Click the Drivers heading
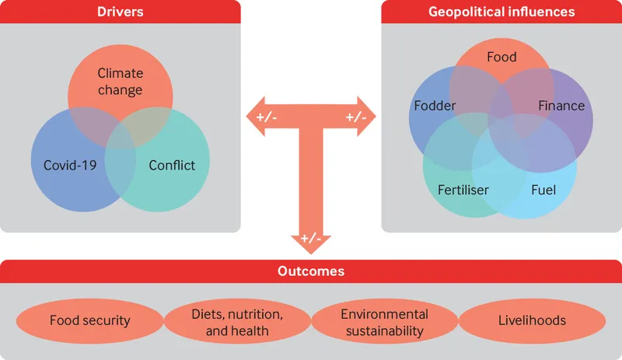[x=120, y=12]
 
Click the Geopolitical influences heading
[x=501, y=12]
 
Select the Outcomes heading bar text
[x=311, y=271]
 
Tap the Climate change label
[x=120, y=82]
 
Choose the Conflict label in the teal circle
[x=171, y=165]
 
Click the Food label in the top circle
[x=501, y=57]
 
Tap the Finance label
[x=561, y=106]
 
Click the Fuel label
[x=543, y=189]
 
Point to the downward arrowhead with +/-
[x=310, y=239]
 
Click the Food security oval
[x=89, y=320]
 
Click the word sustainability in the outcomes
[x=384, y=330]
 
